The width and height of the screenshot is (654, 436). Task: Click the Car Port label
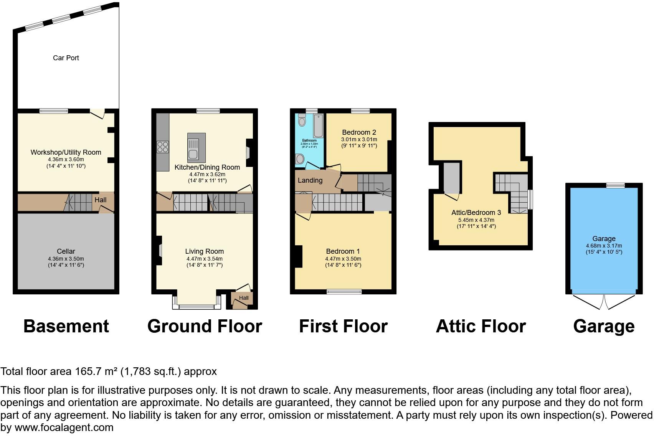[x=66, y=58]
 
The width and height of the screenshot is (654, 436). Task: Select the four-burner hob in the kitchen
[x=163, y=147]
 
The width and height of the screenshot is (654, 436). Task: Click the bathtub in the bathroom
[x=318, y=126]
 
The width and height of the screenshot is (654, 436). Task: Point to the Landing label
[x=310, y=180]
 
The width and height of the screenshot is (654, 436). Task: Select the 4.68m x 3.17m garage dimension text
[x=604, y=246]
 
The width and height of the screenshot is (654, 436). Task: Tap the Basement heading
[x=66, y=326]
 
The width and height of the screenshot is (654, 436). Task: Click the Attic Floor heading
[x=481, y=326]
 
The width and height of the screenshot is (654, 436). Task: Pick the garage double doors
[x=604, y=302]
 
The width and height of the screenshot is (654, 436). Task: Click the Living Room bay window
[x=197, y=306]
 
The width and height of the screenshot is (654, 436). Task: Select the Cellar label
[x=66, y=251]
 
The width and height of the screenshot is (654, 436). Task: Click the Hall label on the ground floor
[x=244, y=298]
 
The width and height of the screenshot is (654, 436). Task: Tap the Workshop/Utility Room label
[x=66, y=152]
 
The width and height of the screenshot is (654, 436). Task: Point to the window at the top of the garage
[x=615, y=185]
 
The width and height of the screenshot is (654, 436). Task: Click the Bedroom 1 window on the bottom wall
[x=344, y=292]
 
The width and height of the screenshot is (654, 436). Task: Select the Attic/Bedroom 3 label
[x=476, y=213]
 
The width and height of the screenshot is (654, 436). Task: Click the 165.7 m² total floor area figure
[x=95, y=372]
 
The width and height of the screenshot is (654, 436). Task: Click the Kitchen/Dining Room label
[x=207, y=167]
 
